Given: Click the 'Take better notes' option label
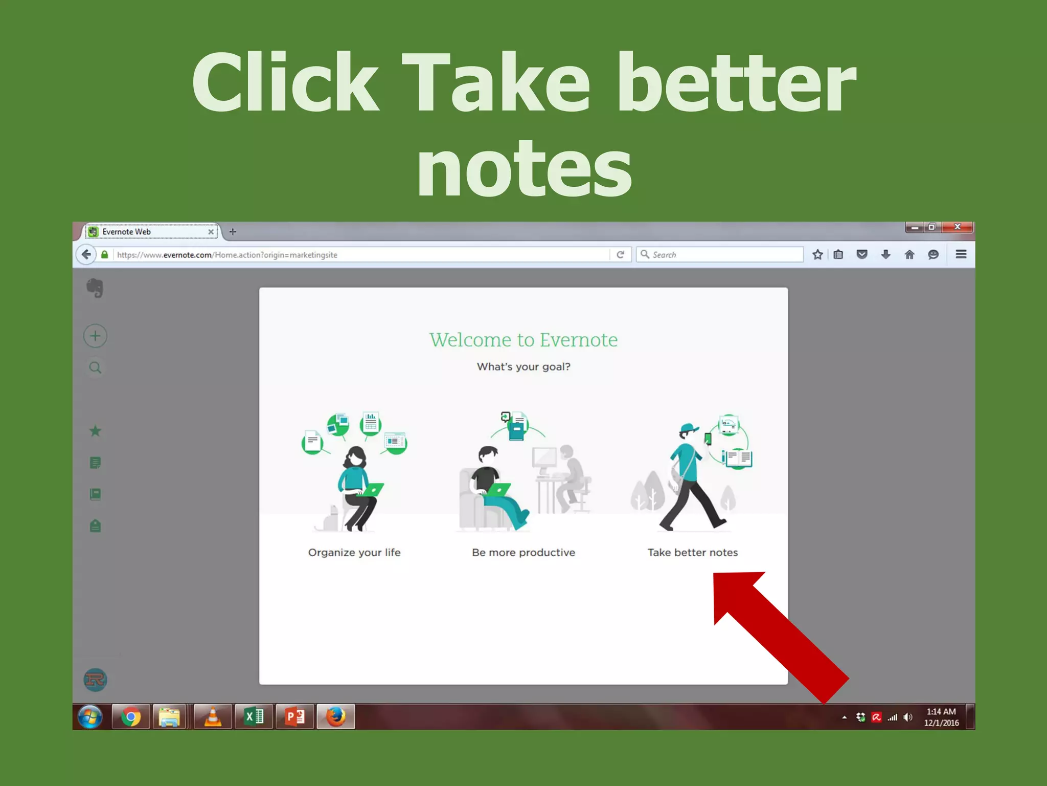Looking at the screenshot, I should coord(693,553).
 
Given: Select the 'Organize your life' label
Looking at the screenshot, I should coord(354,553).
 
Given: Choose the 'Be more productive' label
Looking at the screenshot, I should coord(523,553).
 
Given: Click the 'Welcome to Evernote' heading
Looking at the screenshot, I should coord(523,340).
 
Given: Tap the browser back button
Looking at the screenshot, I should coord(86,254).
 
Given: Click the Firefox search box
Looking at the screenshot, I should coord(721,254).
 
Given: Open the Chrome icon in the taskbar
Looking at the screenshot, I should coord(131,717).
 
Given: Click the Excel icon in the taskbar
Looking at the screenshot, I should coord(254,717).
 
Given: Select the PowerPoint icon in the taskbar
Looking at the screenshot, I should coord(295,717).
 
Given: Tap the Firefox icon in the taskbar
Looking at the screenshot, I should coord(336,717).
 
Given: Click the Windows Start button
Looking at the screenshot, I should coord(90,717).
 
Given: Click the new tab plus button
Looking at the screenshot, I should coord(233,232).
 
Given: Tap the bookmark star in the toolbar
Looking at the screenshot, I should coord(817,254).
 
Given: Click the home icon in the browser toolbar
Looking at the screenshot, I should coord(909,254).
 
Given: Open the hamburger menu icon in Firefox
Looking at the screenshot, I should coord(961,254).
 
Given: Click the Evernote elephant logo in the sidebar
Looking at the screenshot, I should coord(95,288).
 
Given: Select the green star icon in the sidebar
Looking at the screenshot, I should coord(95,431).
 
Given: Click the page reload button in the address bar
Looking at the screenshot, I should coord(621,254).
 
